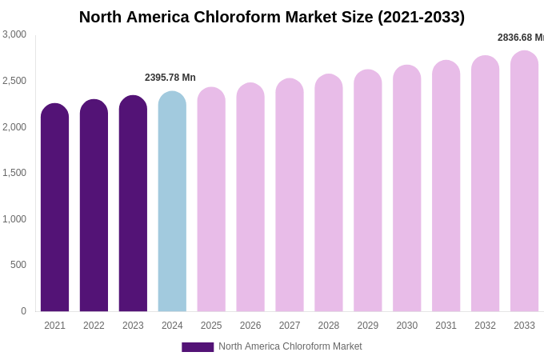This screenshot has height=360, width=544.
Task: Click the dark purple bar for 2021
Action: tap(54, 208)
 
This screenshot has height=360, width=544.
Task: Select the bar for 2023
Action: tap(133, 204)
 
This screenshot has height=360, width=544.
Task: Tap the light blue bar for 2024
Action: tap(172, 202)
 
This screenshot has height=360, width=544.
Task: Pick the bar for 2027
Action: tap(290, 195)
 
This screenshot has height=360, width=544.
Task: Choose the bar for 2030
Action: tap(406, 189)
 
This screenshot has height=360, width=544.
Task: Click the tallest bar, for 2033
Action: tap(524, 182)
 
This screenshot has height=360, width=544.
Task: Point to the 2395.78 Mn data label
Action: tap(170, 78)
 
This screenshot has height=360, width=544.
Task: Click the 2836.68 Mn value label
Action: tap(521, 38)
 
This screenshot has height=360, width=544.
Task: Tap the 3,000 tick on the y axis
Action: tap(14, 34)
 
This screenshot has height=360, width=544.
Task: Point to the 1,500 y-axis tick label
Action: tap(14, 173)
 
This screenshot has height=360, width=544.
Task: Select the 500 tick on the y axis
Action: tap(18, 265)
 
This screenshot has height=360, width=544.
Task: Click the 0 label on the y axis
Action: tap(23, 311)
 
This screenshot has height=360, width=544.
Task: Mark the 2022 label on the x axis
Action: tap(94, 326)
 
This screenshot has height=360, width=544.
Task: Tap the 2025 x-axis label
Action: tap(211, 326)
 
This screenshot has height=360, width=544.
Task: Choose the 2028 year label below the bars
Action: tap(329, 326)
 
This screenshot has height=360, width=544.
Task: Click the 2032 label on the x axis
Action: tap(485, 326)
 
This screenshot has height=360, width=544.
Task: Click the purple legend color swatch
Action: tap(198, 347)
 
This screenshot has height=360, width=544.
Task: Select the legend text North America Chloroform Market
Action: tap(290, 346)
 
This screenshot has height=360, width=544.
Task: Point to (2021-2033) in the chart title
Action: tap(421, 17)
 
